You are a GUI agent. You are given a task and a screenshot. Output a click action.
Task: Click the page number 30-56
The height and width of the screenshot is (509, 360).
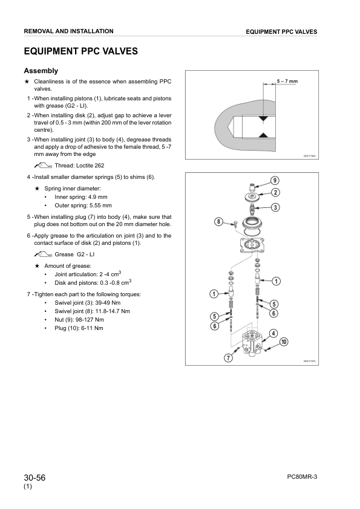pos(34,478)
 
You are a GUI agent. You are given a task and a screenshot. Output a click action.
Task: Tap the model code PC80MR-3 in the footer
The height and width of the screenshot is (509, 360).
pos(302,477)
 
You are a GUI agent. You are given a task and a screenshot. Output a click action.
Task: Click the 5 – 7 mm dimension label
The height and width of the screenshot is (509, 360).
pos(287,81)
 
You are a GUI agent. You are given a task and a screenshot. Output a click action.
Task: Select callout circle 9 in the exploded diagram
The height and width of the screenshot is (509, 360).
pos(275,181)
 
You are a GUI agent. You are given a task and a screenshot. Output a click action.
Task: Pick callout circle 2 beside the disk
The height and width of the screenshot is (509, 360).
pos(275,192)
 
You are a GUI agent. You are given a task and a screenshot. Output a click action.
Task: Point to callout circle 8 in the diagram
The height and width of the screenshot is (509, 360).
pos(218,222)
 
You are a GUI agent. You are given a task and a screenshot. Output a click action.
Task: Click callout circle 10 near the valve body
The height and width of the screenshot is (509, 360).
pos(284,342)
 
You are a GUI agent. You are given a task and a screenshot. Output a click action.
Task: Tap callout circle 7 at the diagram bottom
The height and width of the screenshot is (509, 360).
pos(229,358)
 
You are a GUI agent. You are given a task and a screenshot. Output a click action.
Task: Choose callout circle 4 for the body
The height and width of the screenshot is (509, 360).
pos(273,333)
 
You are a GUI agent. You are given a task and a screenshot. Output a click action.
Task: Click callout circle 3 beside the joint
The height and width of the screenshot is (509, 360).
pos(275,207)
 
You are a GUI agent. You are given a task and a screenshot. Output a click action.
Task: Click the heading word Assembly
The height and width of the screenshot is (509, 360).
pos(41,71)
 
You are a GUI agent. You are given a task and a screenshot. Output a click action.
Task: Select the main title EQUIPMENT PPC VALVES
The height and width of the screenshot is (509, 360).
pos(81,51)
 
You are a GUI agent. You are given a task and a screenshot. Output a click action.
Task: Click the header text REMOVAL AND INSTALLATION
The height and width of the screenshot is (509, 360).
pos(68,31)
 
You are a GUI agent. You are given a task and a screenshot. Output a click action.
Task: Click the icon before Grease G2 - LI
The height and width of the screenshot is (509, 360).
pos(43,254)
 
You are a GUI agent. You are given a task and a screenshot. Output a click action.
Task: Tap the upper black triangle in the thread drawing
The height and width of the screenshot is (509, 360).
pos(263,119)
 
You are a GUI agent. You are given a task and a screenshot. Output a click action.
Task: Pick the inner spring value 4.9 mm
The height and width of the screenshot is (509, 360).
pos(97,197)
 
